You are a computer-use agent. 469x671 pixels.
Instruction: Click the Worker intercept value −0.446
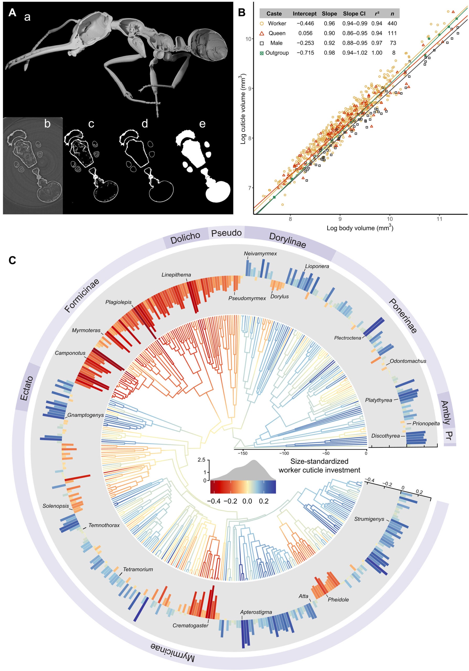tap(304, 23)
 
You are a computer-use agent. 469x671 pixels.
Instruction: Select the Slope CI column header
tap(354, 14)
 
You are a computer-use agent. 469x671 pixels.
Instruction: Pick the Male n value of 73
tap(393, 43)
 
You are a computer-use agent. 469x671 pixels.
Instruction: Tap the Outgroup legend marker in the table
tap(262, 53)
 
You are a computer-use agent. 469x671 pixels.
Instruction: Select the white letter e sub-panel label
tap(202, 124)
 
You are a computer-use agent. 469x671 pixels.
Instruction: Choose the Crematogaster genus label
tap(190, 626)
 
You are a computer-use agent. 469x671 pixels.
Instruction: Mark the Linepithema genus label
tap(176, 275)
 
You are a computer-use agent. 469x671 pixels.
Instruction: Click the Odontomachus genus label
tap(408, 361)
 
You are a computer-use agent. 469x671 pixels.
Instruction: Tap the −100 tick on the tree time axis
tap(284, 453)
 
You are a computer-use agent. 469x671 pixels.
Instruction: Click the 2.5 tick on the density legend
tap(202, 460)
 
